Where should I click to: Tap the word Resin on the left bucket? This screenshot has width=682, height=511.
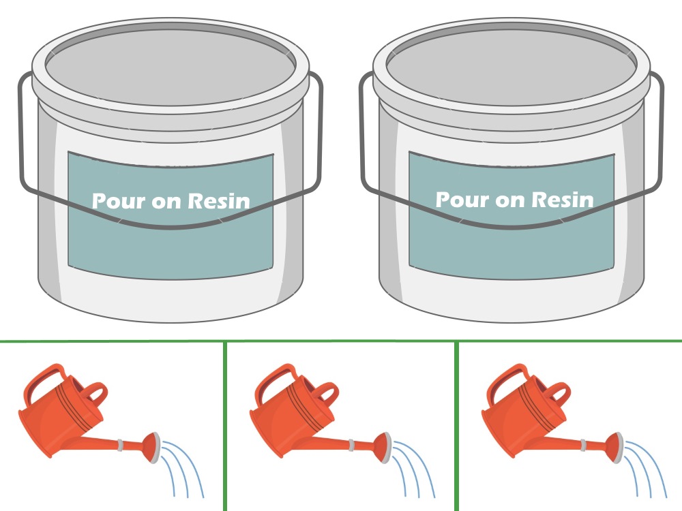click(x=219, y=200)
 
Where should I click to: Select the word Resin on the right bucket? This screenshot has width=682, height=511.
click(x=563, y=200)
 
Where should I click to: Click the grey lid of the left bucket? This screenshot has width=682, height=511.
click(x=170, y=67)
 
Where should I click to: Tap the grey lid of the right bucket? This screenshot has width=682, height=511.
click(x=512, y=67)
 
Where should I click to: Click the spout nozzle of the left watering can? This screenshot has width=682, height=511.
click(x=152, y=447)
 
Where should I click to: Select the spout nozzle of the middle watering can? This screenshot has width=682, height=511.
click(x=383, y=447)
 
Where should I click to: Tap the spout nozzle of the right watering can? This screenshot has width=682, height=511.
click(x=615, y=447)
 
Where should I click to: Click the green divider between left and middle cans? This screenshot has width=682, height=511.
click(x=225, y=427)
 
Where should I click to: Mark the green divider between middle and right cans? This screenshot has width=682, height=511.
click(x=457, y=427)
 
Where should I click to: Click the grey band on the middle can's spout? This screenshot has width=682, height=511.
click(x=351, y=445)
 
